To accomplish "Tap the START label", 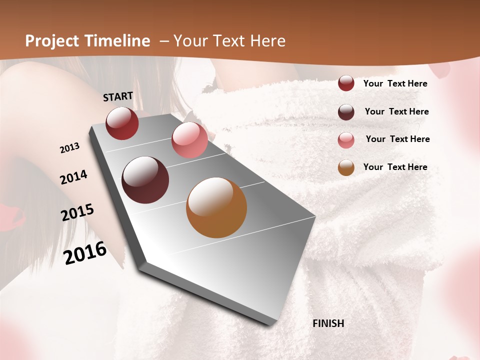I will coord(118,96).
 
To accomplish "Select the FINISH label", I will coord(328,323).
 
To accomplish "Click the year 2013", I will coord(69,148).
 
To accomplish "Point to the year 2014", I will coord(73,177).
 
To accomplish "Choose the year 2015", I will coord(77,212).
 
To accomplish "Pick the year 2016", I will coord(85,252).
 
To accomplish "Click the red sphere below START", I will coord(122,123).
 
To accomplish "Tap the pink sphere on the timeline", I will coord(189,140).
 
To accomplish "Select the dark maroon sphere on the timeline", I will coord(145,180).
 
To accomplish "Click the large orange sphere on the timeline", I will coord(216,207).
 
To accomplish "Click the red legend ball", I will coord(346,83).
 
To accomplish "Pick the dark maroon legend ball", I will coord(346,112).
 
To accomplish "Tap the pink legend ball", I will coord(346,140).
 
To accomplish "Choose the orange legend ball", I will coord(346,168).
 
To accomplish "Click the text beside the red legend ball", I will coord(395,83).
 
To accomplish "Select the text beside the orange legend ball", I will coord(395,167).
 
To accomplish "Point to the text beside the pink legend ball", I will coord(397,139).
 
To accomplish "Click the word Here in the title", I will coord(268,41).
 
